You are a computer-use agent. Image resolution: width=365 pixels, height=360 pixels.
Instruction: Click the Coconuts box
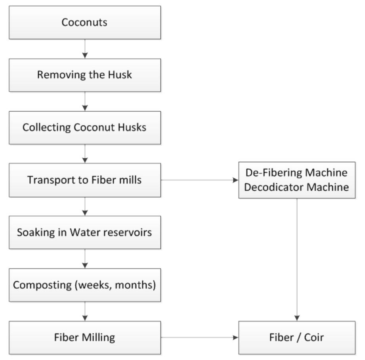pos(84,23)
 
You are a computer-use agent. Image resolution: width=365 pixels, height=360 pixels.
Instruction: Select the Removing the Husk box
pos(84,75)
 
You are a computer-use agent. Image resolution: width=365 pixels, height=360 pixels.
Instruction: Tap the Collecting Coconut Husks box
pos(84,127)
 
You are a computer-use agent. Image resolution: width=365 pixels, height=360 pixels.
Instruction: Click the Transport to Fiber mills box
pos(84,180)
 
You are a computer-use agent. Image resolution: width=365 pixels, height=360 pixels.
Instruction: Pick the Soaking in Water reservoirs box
pos(84,232)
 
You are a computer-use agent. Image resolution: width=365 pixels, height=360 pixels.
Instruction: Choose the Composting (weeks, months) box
pos(84,285)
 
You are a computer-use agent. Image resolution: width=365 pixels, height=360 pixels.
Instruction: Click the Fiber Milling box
pos(84,337)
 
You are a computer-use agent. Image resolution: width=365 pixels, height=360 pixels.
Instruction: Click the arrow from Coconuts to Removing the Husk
pos(84,49)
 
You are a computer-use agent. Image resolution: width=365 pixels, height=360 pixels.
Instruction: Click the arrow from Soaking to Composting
pos(84,259)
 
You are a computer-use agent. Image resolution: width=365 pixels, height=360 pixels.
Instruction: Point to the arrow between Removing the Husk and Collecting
pos(84,101)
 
